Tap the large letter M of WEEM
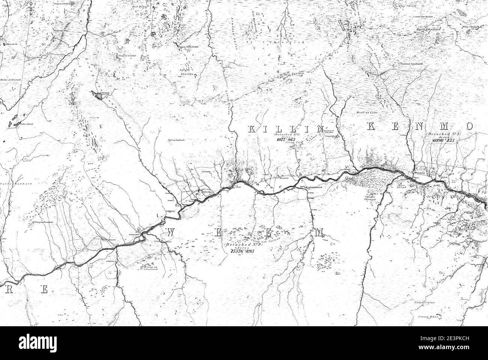click(x=319, y=233)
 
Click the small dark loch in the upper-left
click(x=98, y=96)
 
